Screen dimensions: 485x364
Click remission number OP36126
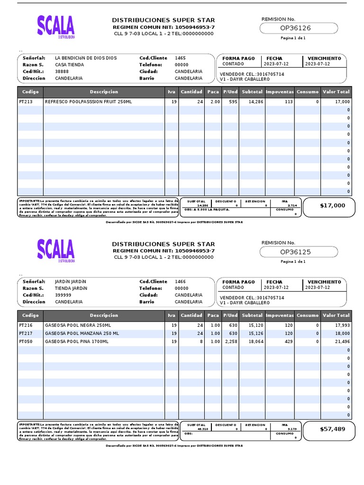(295, 28)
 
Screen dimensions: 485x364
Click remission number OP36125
(295, 252)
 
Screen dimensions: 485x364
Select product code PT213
(25, 102)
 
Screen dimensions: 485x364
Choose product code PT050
(25, 341)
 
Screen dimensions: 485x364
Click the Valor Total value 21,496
(342, 341)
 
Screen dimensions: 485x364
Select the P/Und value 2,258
(230, 341)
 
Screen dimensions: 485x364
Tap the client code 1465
(180, 58)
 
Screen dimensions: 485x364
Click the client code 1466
(180, 281)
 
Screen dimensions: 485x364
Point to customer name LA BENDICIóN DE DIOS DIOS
(86, 58)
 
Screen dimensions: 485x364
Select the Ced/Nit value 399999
(63, 295)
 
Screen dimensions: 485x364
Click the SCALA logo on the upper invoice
(56, 27)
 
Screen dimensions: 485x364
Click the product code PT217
(25, 333)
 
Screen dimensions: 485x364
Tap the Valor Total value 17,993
(342, 325)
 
